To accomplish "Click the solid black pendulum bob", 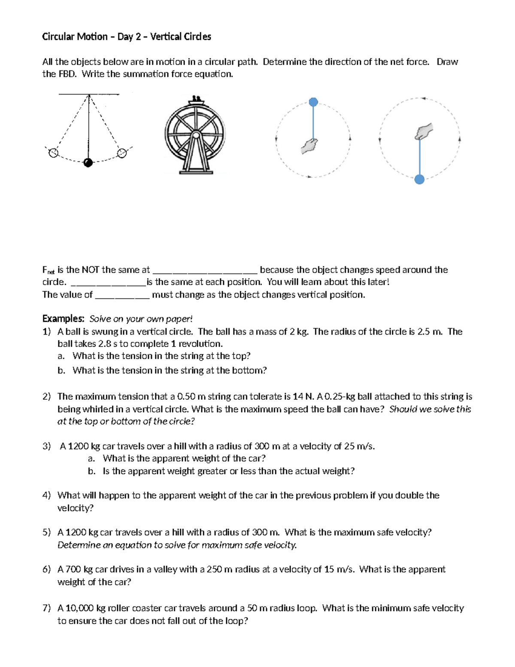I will pos(88,162).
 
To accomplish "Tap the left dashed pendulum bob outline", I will pos(53,153).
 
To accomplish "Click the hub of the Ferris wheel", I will pos(195,135).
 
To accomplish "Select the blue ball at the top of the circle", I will pos(314,102).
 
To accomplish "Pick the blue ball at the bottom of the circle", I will pos(420,180).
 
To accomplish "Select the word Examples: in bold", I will pos(63,319).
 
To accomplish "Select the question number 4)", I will pos(47,495).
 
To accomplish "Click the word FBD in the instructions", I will pos(67,74).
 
